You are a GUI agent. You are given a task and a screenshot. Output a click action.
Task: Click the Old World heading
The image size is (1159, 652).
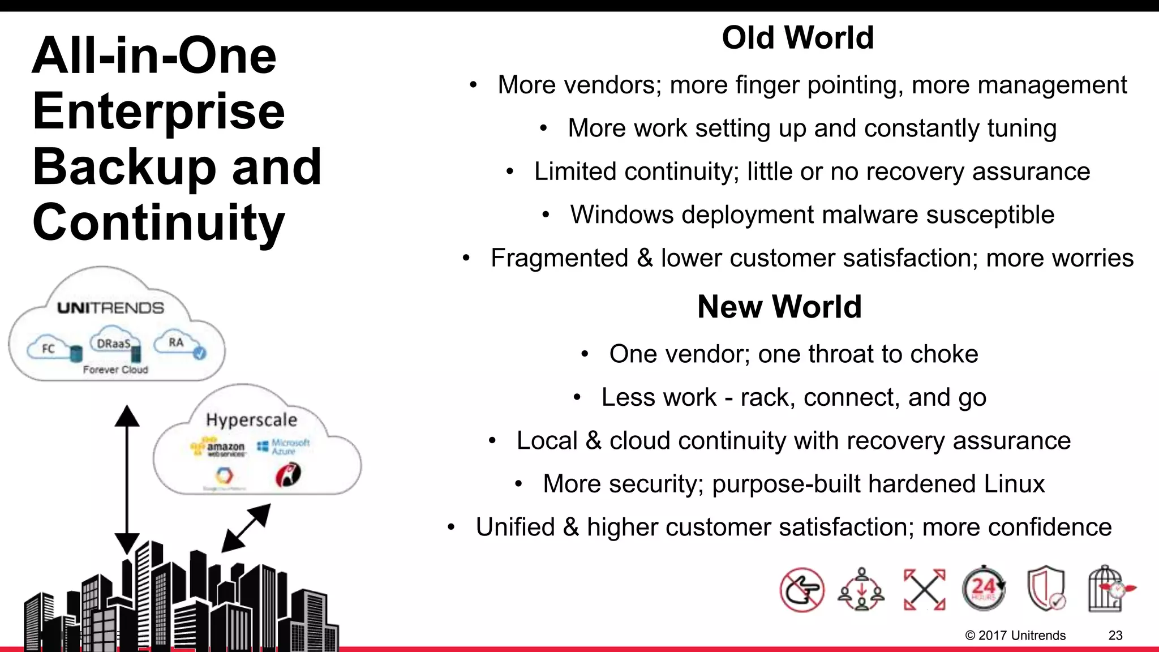[797, 38]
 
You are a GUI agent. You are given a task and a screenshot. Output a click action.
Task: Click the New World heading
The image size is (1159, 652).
[779, 307]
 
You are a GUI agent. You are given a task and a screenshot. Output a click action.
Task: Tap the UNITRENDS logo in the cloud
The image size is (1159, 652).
[110, 308]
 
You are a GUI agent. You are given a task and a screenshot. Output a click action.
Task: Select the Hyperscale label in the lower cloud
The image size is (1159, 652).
[251, 420]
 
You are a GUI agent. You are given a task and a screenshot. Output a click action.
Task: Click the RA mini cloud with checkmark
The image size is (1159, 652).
[180, 344]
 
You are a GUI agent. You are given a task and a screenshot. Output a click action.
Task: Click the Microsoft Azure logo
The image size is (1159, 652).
[285, 447]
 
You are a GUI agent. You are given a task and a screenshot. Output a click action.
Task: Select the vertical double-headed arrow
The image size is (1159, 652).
[127, 479]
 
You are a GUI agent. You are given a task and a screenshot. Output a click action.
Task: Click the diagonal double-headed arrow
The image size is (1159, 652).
[246, 528]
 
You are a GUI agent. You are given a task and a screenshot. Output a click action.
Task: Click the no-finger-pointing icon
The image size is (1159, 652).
[801, 590]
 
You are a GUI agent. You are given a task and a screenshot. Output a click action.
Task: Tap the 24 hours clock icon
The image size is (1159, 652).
[984, 589]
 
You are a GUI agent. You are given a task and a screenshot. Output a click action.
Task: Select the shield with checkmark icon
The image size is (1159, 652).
[1046, 589]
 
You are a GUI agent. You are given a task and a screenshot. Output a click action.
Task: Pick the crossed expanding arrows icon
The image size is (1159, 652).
[924, 589]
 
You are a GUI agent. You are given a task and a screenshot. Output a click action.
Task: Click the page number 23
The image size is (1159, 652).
[1115, 635]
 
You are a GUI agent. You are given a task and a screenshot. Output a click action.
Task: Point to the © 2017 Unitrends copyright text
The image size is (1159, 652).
[1015, 635]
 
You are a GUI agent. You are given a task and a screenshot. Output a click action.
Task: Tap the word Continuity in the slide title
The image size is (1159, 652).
[158, 222]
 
